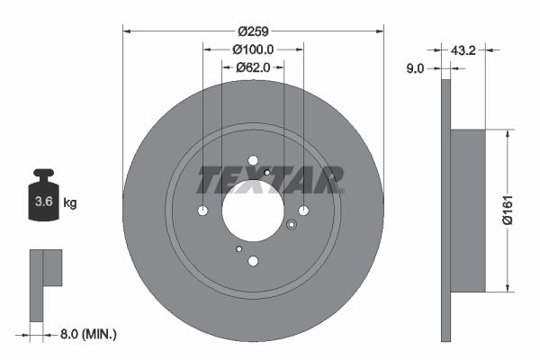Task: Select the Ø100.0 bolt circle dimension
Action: point(253,50)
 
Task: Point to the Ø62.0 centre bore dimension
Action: point(254,67)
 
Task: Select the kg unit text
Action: point(70,203)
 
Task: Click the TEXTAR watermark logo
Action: point(270,180)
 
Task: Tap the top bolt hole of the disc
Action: point(253,159)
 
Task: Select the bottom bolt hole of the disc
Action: point(253,261)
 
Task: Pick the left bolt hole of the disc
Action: point(202,211)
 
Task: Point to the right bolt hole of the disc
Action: point(303,211)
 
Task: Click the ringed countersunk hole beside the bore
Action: point(291,226)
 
